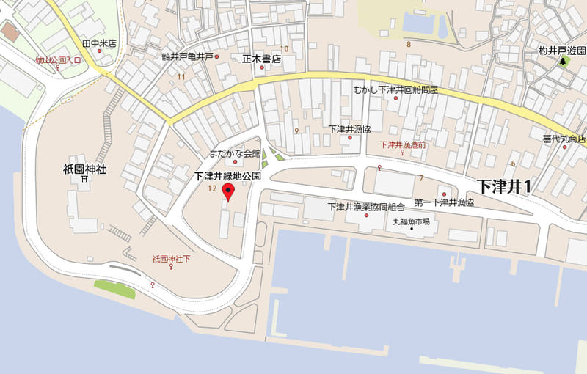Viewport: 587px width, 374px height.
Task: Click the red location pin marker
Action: pos(228,193)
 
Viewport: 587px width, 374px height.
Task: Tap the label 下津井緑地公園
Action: pos(228,177)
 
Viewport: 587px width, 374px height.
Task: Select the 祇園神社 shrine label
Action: pos(85,169)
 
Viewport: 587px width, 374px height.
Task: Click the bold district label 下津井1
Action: pos(504,186)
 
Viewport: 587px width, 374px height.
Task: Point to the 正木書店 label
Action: pos(262,58)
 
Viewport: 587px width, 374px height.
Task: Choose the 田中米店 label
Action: pos(99,43)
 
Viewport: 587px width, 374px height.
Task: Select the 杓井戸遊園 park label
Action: pos(564,51)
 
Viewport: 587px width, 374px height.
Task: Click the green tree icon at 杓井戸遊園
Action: pos(564,62)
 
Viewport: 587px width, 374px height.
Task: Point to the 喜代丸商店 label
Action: pos(564,139)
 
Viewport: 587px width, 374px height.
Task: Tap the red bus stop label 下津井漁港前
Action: pos(402,145)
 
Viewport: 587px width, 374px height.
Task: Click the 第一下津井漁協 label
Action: pos(444,202)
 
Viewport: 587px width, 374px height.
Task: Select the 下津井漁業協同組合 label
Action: pos(366,207)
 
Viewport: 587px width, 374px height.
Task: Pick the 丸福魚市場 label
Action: pos(412,221)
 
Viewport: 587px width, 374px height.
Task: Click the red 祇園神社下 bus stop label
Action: pos(171,259)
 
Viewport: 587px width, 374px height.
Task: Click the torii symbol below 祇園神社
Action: pos(85,179)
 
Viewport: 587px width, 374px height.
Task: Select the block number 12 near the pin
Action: pos(212,189)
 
